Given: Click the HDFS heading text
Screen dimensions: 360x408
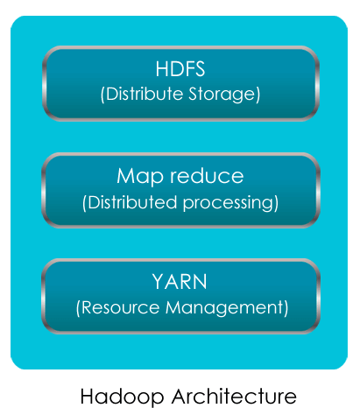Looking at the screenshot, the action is (x=180, y=69).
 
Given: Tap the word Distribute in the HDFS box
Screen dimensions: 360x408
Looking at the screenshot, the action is (x=145, y=94).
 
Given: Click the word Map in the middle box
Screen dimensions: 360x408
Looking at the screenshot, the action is (x=140, y=177).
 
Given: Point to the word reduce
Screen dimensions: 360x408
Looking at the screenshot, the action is (x=207, y=176).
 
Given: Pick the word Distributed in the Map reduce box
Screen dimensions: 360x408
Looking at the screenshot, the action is (x=132, y=202).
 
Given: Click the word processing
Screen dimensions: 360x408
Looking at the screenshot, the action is (x=228, y=203).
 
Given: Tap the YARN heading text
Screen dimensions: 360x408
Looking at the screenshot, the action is (x=180, y=282).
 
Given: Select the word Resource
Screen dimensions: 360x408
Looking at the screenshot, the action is (x=121, y=307).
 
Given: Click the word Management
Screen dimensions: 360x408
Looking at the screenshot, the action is (x=224, y=308).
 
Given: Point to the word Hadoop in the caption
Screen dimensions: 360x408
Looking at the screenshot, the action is (x=122, y=397).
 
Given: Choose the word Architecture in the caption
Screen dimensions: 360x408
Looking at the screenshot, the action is (x=234, y=396).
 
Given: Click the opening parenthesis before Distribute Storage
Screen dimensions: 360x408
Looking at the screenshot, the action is (x=102, y=95).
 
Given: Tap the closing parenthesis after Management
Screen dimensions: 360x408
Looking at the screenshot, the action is (x=286, y=308).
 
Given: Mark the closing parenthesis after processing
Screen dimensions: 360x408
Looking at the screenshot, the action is (x=276, y=203).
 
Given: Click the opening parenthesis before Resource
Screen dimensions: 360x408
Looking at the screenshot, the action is (x=78, y=308).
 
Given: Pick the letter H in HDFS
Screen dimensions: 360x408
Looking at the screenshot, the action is (x=162, y=69).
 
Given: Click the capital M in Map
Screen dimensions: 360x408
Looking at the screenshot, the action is (x=125, y=176).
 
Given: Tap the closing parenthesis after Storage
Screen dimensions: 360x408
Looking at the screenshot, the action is (x=258, y=95).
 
